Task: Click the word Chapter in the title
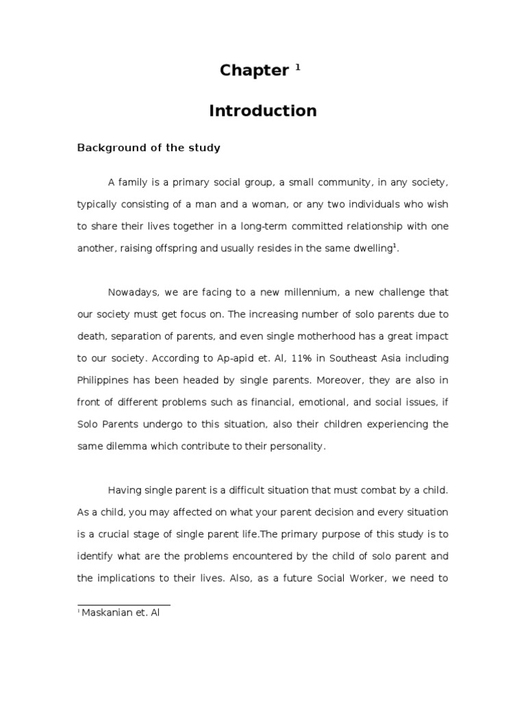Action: [x=253, y=71]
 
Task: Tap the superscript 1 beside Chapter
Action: [x=298, y=67]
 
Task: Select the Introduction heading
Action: [x=263, y=111]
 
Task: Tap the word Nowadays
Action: [x=134, y=292]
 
